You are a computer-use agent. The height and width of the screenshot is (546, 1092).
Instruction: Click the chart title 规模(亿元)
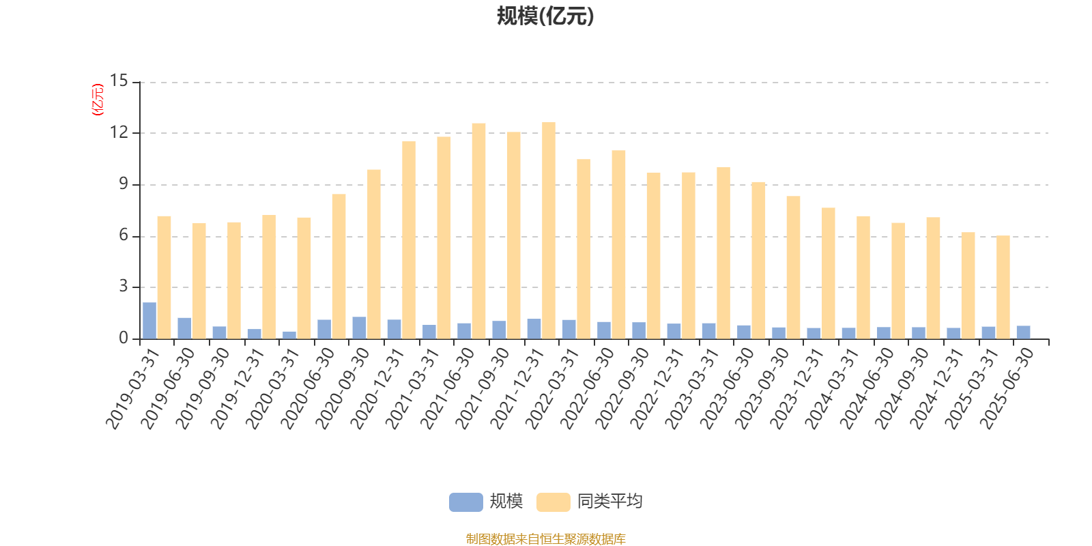[545, 16]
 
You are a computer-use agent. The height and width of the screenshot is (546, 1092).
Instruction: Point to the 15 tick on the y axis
[119, 82]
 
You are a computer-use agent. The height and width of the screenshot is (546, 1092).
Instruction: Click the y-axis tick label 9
[124, 184]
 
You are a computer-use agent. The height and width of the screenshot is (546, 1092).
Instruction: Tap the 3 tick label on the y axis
[124, 287]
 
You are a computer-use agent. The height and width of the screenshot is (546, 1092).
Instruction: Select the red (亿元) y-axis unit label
[98, 100]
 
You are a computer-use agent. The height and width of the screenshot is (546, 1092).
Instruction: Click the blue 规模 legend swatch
[465, 502]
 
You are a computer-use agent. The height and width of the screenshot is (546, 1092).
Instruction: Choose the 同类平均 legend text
[609, 502]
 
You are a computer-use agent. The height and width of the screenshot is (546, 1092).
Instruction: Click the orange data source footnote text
[545, 539]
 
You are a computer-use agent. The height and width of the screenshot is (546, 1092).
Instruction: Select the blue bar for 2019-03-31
[149, 321]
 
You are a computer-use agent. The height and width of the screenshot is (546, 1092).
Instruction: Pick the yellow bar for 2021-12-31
[549, 231]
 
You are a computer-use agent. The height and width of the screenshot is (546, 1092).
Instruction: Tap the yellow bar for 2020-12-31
[409, 240]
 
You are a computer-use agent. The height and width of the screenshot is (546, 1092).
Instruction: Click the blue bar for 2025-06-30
[1023, 332]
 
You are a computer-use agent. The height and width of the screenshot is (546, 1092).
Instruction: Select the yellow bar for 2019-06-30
[199, 281]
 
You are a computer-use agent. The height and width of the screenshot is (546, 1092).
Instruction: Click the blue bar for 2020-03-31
[289, 335]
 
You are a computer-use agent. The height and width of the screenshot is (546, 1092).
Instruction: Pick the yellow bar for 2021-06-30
[478, 231]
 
